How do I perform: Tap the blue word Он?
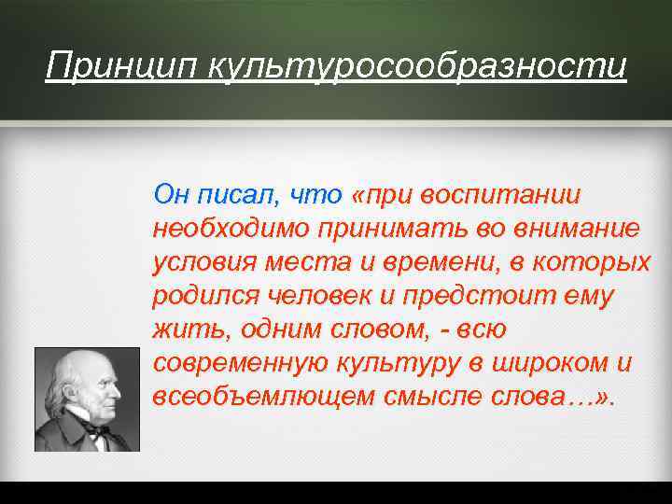pos(170,195)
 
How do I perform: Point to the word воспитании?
pos(501,195)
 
